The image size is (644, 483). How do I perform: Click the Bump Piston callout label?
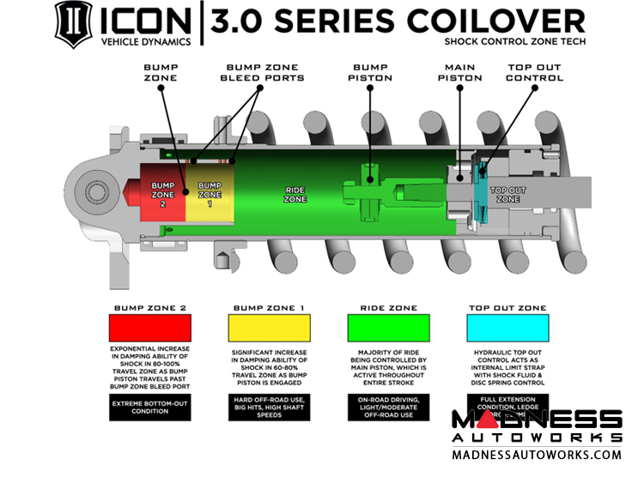[x=370, y=72]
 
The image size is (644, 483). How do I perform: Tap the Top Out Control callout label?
[x=535, y=72]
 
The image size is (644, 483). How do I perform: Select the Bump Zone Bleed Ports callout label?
[x=264, y=72]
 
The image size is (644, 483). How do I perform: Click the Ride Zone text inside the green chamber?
[x=295, y=194]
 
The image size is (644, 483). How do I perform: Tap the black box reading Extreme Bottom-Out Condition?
[x=149, y=406]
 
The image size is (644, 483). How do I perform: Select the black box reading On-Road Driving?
[x=387, y=408]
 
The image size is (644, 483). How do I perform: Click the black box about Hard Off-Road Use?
[x=268, y=408]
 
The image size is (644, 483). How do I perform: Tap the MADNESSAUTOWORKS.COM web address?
[x=537, y=455]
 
